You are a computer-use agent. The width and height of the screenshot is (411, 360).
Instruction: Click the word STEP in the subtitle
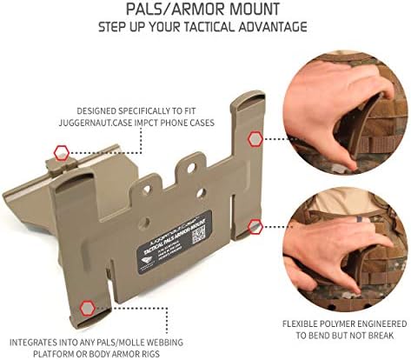118,27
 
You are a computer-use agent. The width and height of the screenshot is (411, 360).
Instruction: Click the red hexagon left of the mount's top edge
61,152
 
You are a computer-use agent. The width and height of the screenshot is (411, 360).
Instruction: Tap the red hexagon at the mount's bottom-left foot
87,307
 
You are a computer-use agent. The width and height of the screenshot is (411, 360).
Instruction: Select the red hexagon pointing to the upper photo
255,137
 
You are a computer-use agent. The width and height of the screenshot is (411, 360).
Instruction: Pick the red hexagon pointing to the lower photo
255,226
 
